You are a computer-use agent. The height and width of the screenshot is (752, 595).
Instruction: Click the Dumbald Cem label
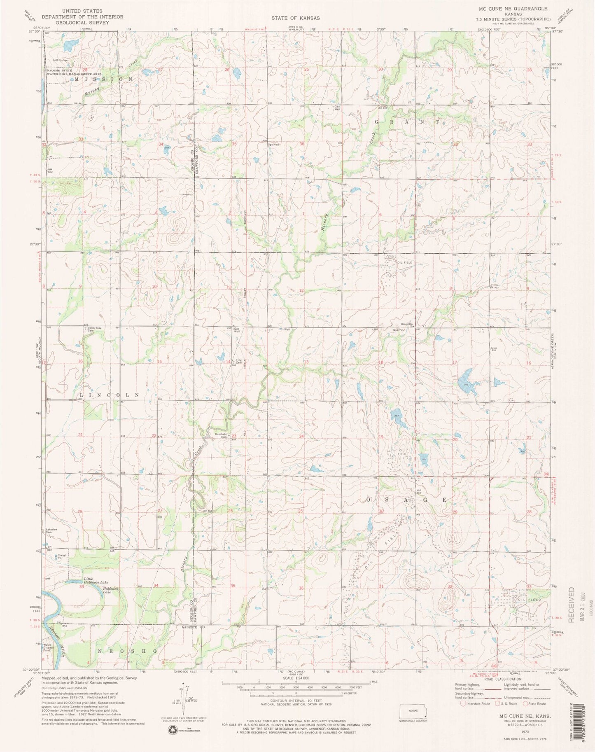pyautogui.click(x=222, y=436)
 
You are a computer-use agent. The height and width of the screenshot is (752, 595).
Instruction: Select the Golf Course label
pyautogui.click(x=60, y=60)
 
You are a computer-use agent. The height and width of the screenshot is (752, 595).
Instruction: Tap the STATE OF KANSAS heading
pyautogui.click(x=295, y=18)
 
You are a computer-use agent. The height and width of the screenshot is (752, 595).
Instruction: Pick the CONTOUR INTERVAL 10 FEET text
pyautogui.click(x=296, y=700)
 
